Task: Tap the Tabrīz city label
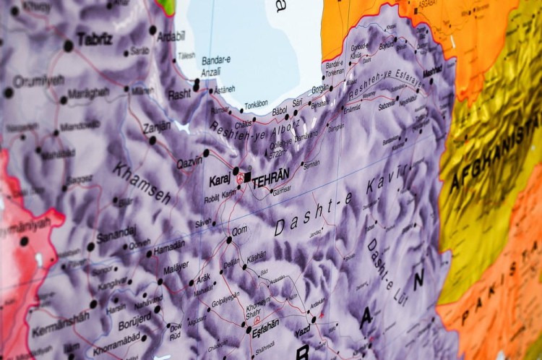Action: coord(95,39)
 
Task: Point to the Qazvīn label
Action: coord(190,163)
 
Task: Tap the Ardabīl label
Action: coord(171,36)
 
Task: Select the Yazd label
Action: coord(303,332)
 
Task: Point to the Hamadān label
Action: coord(170,247)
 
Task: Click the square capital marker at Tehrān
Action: coord(247,176)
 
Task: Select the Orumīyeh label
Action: coord(39,80)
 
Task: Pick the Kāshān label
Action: coord(257,256)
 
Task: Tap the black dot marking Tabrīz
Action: coord(69,46)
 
